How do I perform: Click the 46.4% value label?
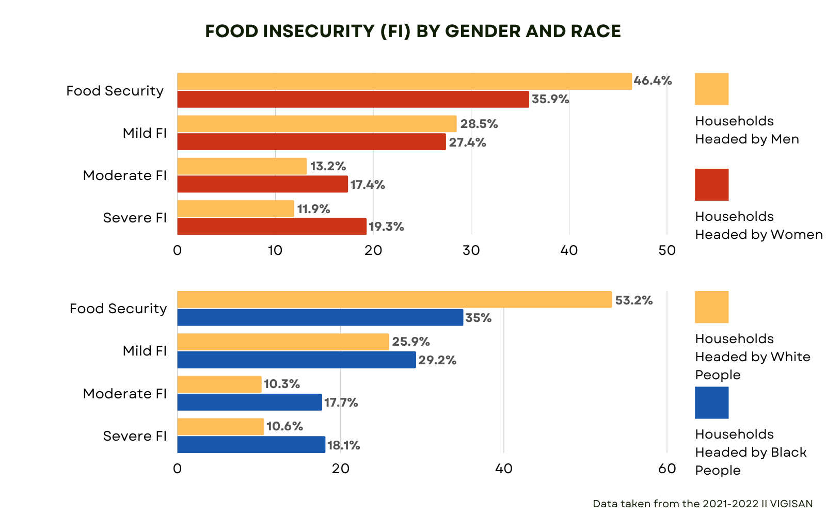coord(653,80)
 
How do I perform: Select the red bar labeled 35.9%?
coord(353,99)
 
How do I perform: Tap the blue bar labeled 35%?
coord(320,317)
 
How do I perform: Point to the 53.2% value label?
coord(633,300)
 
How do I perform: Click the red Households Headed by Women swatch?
coord(711,185)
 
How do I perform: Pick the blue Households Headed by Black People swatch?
coord(711,402)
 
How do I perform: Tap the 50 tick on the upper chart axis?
coord(667,251)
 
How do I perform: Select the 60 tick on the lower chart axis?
coord(667,469)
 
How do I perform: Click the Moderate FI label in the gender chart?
coord(125,175)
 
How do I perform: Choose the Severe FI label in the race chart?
coord(135,436)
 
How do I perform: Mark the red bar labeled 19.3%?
coord(272,227)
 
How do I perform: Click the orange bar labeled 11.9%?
coord(235,208)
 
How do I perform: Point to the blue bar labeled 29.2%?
coord(296,360)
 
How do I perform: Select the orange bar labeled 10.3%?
coord(219,384)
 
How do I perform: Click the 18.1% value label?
coord(343,445)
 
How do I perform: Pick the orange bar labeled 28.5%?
coord(317,124)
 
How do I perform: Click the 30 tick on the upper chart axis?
coord(471,251)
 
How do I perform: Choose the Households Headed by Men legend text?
coord(746,130)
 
